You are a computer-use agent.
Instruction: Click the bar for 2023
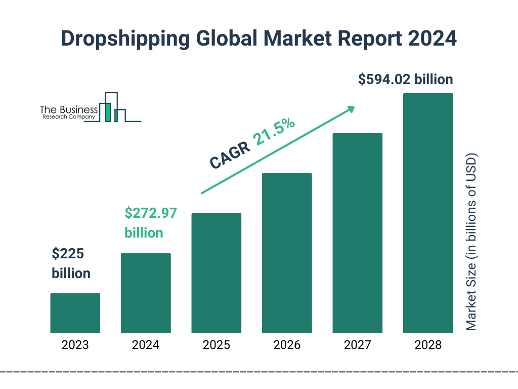click(x=75, y=313)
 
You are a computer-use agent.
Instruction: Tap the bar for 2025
click(x=216, y=273)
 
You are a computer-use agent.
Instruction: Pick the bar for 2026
click(x=287, y=253)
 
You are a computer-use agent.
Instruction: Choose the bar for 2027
click(x=357, y=233)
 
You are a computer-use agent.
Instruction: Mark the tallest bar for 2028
click(x=428, y=213)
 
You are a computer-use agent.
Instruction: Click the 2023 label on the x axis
click(x=75, y=345)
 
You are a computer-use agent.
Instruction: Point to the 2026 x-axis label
click(x=287, y=345)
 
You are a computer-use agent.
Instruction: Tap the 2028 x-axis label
click(x=428, y=345)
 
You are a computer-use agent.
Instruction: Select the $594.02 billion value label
click(x=405, y=80)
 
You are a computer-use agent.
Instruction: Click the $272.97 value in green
click(x=151, y=213)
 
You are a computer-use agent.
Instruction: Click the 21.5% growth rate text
click(x=275, y=132)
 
